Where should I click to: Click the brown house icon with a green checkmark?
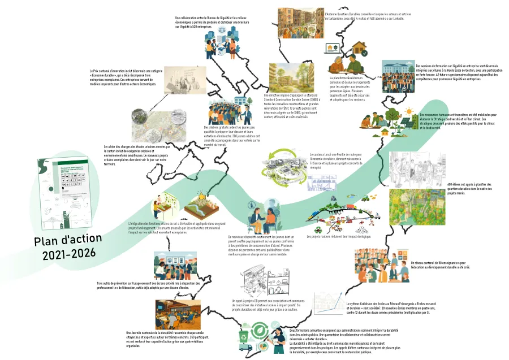point(333,50)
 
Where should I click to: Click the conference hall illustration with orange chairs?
point(176,313)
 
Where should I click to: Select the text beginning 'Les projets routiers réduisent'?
point(338,237)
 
